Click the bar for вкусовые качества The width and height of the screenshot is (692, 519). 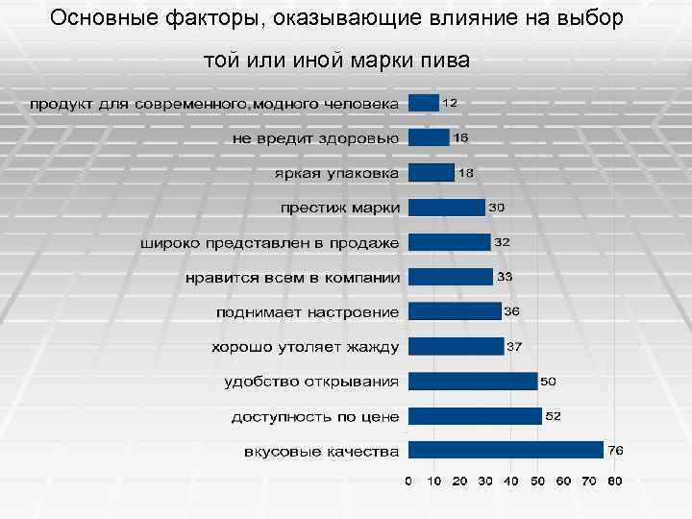pos(506,450)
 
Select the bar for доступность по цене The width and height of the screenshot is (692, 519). pos(476,415)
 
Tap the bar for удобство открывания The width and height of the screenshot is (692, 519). pos(473,381)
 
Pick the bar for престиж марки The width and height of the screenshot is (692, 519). pos(447,208)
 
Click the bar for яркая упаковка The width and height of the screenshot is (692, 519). pos(432,173)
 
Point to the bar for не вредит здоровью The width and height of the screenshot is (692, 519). pos(429,137)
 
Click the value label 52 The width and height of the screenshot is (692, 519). pos(554,416)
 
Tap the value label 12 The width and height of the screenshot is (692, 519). pos(449,102)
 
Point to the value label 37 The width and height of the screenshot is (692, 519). pos(514,346)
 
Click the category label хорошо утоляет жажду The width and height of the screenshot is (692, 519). pos(306,346)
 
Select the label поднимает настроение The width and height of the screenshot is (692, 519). pos(308,312)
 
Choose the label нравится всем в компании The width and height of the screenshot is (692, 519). pos(292,278)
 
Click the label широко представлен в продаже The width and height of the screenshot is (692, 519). pos(270,243)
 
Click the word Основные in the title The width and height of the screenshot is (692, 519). pos(95,18)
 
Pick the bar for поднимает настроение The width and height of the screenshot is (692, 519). pos(455,311)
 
